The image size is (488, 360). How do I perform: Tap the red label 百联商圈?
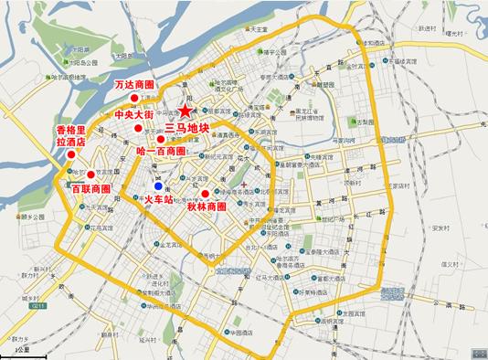(90, 188)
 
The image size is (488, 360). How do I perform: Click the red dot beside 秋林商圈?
(217, 193)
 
